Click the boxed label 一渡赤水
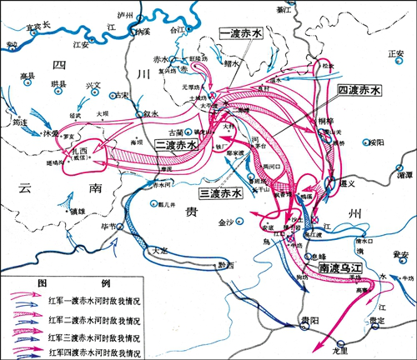tap(241, 34)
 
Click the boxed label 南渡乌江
tap(343, 269)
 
